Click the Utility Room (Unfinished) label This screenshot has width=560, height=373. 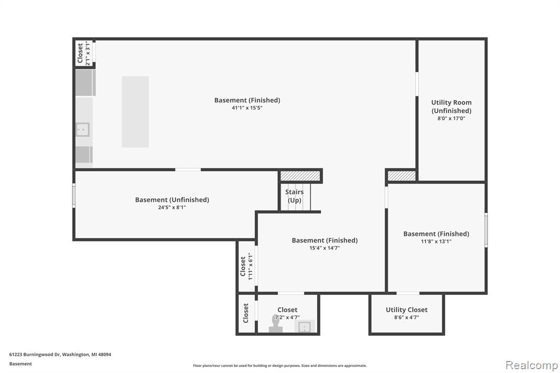point(451,107)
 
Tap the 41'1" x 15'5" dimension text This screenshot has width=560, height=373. point(247,108)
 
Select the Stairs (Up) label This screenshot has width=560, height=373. point(295,196)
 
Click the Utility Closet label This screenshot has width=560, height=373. point(406,310)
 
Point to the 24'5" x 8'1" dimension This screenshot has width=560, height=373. point(172,207)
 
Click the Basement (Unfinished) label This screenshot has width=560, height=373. point(172,200)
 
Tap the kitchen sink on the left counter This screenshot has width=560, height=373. point(83,129)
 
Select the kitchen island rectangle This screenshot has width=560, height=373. point(135,112)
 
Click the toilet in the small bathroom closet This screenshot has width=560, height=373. point(276,324)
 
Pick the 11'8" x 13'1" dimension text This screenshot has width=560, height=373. point(436,242)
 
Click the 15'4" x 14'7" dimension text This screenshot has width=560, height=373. point(325,248)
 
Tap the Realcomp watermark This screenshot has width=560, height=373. point(532,365)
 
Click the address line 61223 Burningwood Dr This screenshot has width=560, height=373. point(60,354)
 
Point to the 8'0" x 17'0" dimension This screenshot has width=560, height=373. point(451,119)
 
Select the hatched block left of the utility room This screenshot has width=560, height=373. point(402,176)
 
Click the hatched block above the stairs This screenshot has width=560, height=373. point(300,176)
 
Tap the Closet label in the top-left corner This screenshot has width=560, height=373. point(80,53)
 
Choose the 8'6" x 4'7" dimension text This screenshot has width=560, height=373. point(406,317)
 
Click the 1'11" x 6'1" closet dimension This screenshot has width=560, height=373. point(250,266)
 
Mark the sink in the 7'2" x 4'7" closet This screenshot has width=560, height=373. point(304,327)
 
